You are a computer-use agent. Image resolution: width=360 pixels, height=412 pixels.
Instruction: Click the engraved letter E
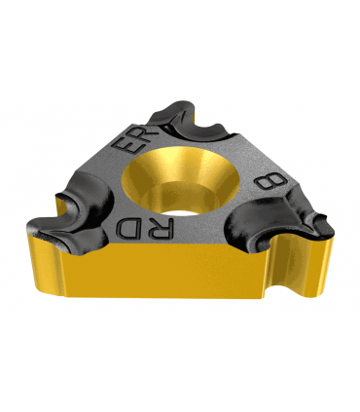coord(130,148)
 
